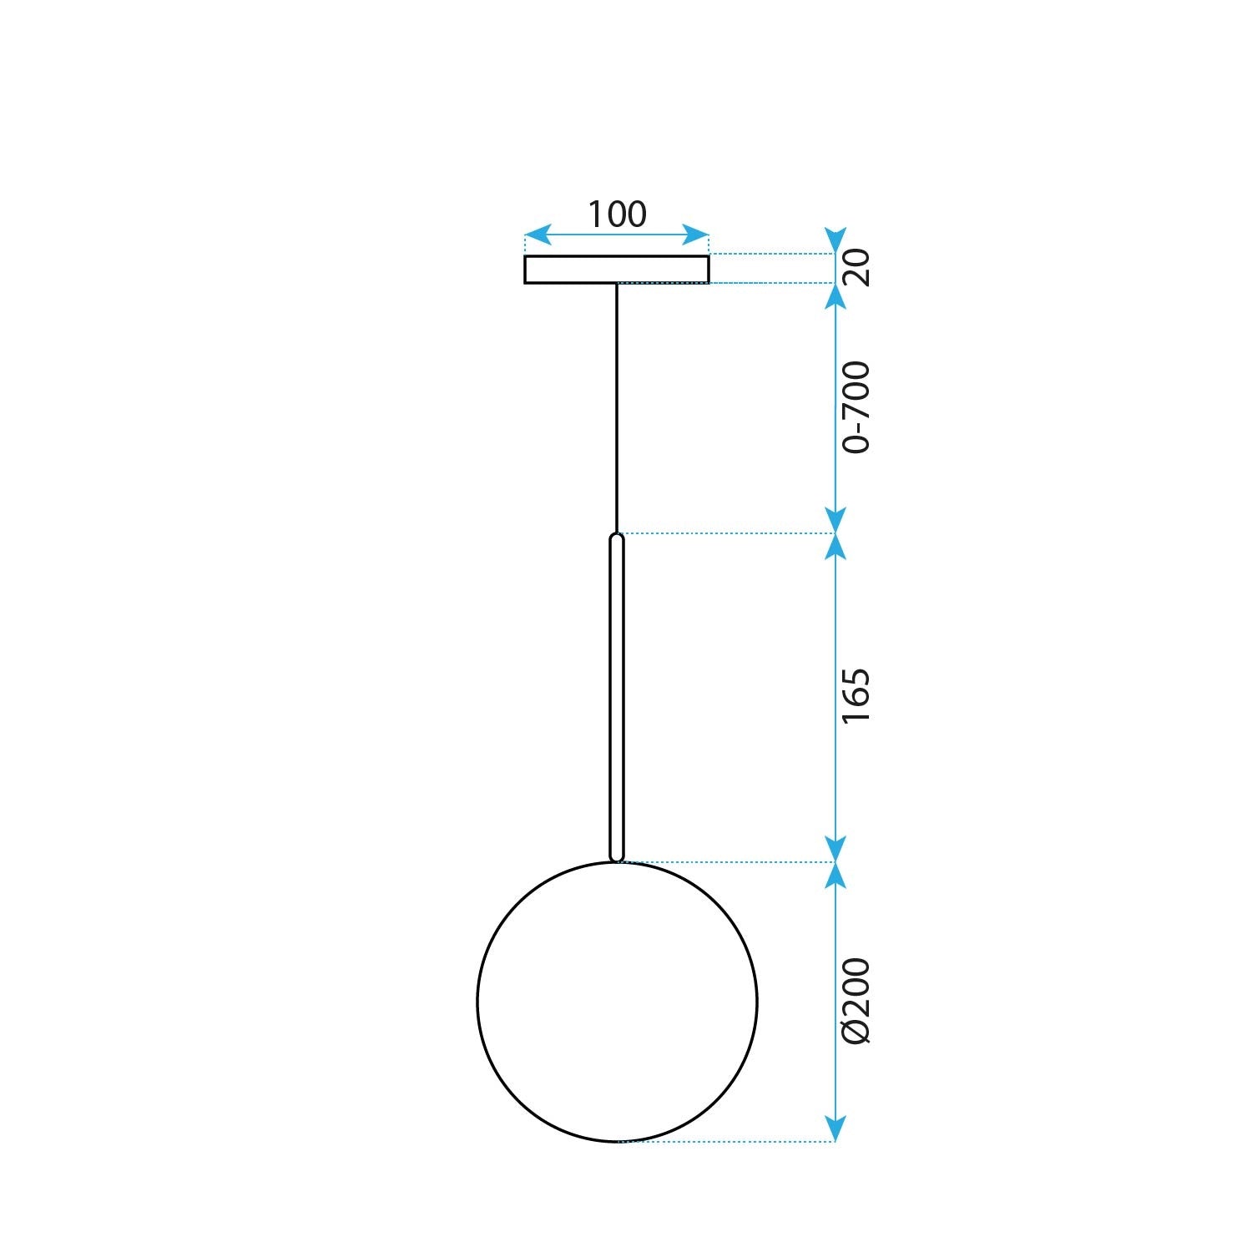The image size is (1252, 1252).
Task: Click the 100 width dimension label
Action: coord(617,215)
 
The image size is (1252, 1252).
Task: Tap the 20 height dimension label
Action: coord(856,268)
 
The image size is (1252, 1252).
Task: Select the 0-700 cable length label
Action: coord(856,407)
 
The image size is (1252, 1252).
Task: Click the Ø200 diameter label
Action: coord(856,1001)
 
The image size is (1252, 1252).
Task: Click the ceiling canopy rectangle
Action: coord(617,270)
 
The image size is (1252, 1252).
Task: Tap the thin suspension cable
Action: coord(617,409)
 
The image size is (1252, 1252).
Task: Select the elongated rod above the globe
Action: coord(617,697)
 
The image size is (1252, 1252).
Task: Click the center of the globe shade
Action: coord(617,1002)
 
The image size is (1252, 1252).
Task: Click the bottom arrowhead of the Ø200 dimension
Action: coord(836,1129)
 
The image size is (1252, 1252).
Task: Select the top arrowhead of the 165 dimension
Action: coord(836,546)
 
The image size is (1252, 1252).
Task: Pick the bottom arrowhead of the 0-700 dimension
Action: coord(836,520)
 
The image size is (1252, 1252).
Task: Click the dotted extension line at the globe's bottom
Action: coord(726,1141)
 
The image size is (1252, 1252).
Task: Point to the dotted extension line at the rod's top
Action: coord(726,533)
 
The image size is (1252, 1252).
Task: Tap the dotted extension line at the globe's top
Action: coord(726,861)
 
